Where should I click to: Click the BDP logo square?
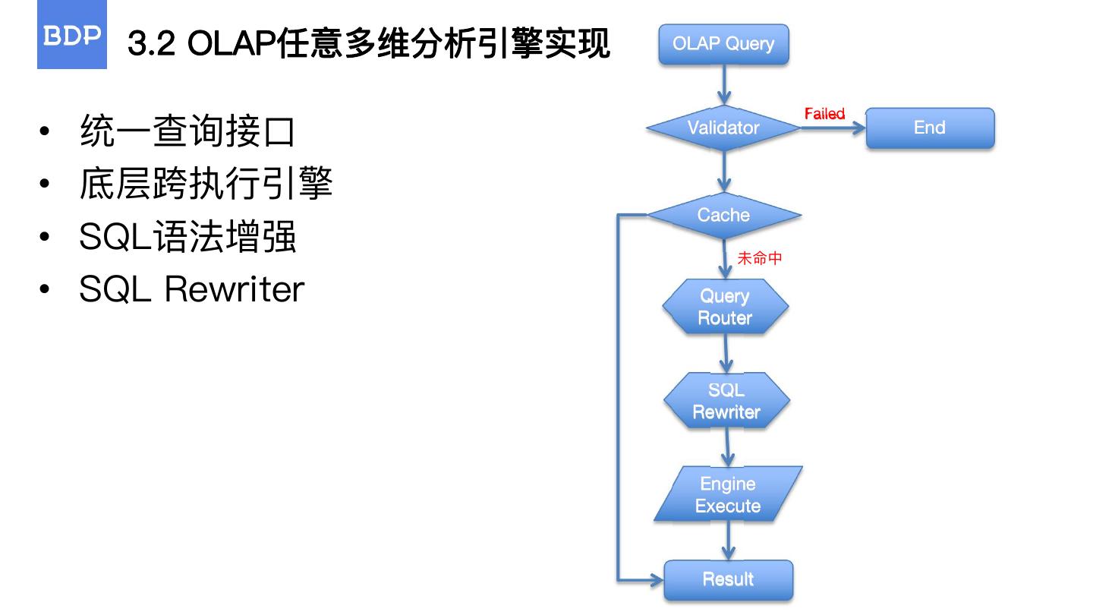71,36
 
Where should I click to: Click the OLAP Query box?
723,44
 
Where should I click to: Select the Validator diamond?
723,128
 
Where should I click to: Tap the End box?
930,128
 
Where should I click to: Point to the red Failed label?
824,114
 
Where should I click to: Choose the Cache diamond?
723,216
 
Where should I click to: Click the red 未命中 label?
760,258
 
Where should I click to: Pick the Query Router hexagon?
725,307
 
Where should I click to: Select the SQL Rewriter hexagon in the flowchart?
726,400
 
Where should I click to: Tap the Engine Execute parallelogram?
728,494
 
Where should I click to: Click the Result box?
728,580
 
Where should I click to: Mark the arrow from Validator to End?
833,128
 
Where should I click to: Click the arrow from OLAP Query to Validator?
724,85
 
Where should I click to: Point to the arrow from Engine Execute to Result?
729,541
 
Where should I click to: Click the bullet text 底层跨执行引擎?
206,184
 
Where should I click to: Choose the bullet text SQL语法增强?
187,236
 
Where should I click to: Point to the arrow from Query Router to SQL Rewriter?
726,353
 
